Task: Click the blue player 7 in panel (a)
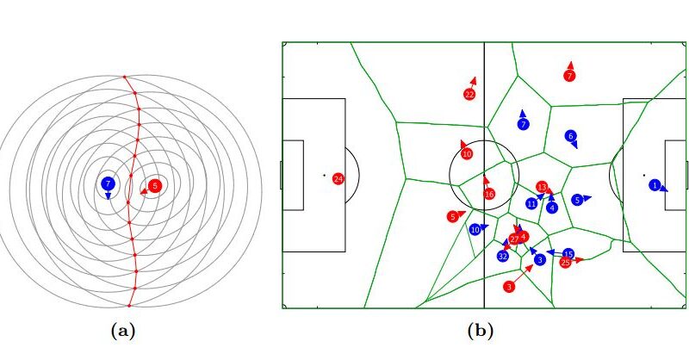108,183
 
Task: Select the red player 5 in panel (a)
154,184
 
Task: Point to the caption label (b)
480,329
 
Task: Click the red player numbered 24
338,178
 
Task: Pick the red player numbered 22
469,95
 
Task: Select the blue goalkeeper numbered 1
655,184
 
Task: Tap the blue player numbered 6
570,136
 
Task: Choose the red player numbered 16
489,194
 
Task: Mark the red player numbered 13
542,187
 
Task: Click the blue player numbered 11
531,203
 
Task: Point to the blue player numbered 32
503,256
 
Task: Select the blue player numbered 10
475,230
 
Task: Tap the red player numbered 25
565,262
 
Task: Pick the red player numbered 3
509,286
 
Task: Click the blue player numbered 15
568,254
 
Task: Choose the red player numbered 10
467,154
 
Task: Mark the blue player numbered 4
551,207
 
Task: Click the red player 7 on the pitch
568,76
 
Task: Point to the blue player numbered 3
539,259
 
